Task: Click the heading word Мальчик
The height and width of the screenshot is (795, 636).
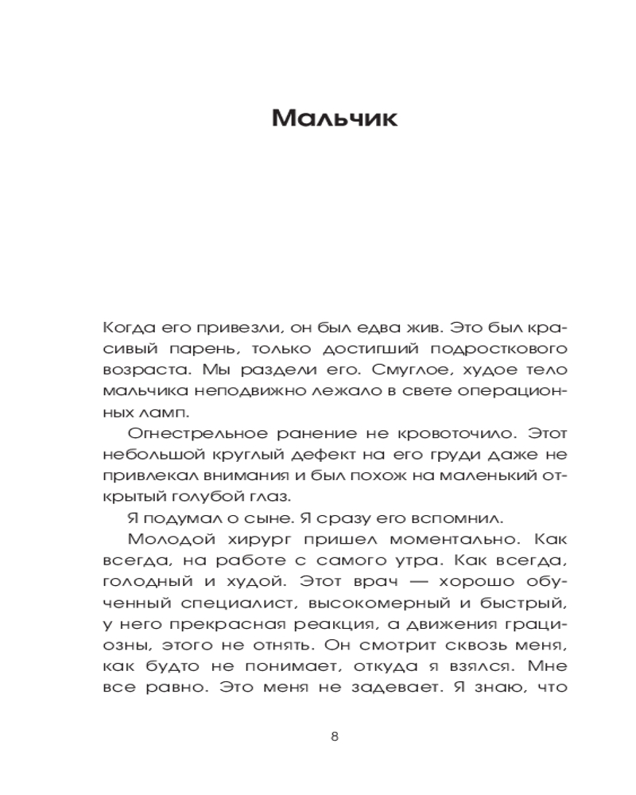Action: (x=334, y=118)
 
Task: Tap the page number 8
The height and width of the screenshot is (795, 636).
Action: (x=334, y=736)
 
